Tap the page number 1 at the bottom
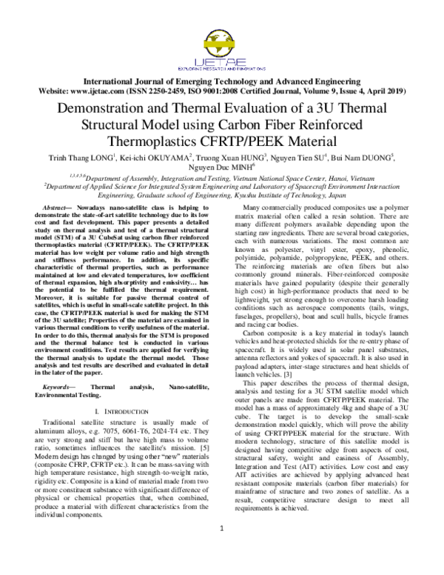click(x=221, y=549)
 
